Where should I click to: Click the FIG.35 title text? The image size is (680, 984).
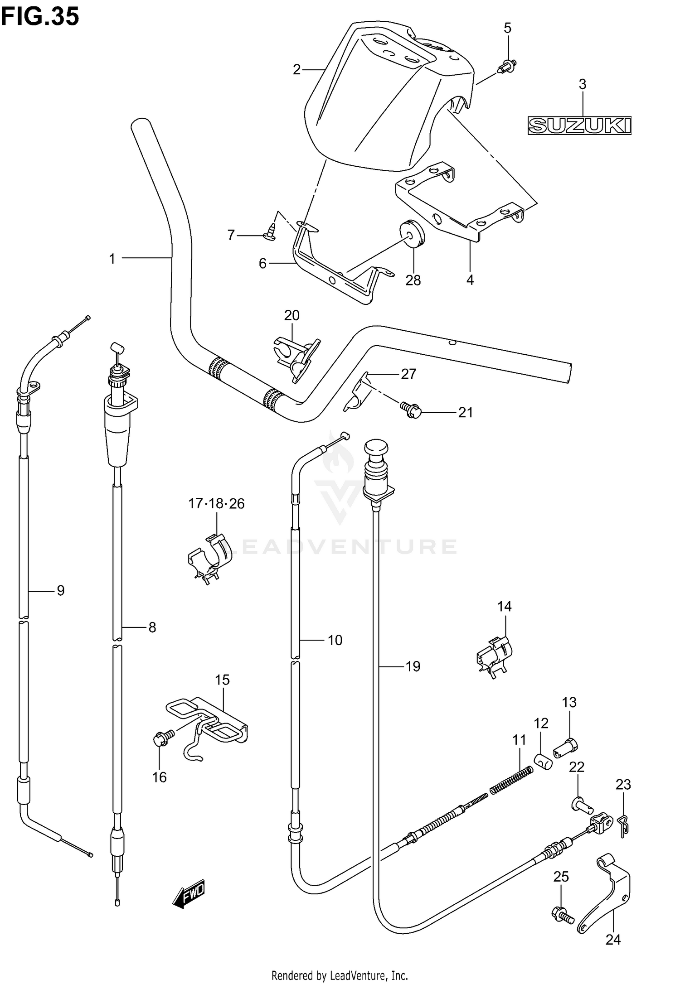[x=40, y=17]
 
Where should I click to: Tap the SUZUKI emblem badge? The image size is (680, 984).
[x=580, y=126]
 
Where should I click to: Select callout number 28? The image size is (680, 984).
[x=413, y=280]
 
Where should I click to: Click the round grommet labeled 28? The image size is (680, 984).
[x=413, y=233]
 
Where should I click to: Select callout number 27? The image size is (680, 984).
[x=408, y=374]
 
